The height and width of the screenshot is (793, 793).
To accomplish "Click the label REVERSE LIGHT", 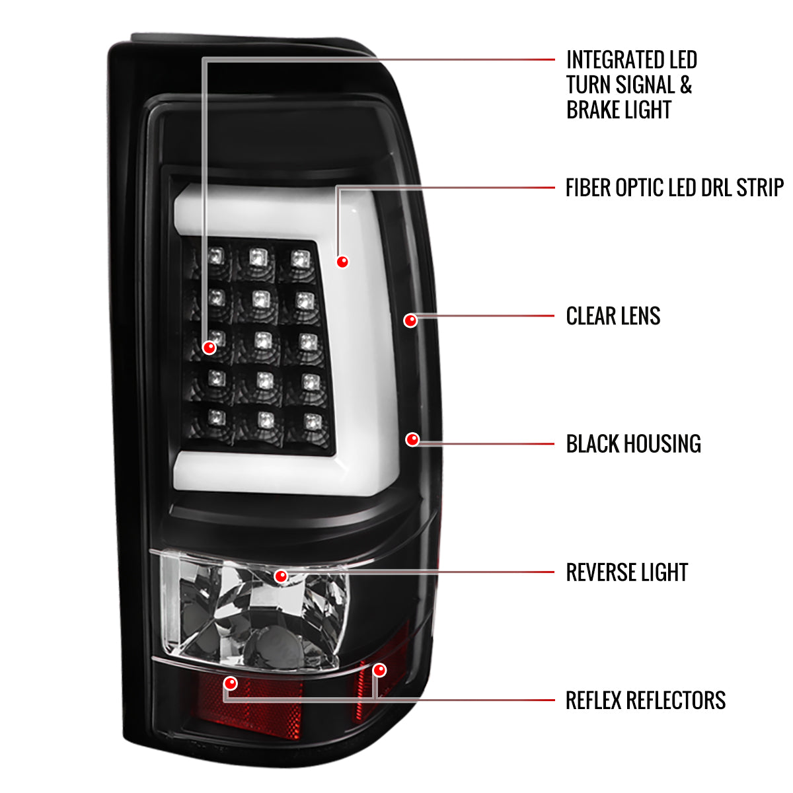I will click(626, 572).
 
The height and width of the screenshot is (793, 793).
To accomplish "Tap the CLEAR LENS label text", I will click(613, 316).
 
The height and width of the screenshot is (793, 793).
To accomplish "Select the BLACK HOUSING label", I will click(633, 444).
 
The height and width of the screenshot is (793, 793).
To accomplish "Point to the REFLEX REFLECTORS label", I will click(645, 700).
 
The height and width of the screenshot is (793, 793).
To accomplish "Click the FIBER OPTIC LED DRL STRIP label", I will click(674, 188).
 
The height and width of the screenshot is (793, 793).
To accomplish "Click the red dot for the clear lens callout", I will click(410, 321).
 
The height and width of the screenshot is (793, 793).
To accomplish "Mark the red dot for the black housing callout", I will click(412, 439).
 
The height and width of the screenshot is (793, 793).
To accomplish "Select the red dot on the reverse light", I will click(281, 576).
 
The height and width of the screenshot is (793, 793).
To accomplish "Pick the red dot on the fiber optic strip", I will click(342, 262).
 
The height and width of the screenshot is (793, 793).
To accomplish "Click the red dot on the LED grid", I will click(209, 347).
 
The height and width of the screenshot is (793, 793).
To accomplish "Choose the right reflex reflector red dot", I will click(379, 670).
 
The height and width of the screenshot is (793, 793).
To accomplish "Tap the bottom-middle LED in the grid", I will click(266, 420).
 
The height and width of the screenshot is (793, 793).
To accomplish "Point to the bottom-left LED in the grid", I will click(216, 417).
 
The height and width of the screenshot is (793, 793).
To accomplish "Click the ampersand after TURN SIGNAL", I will click(685, 85).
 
